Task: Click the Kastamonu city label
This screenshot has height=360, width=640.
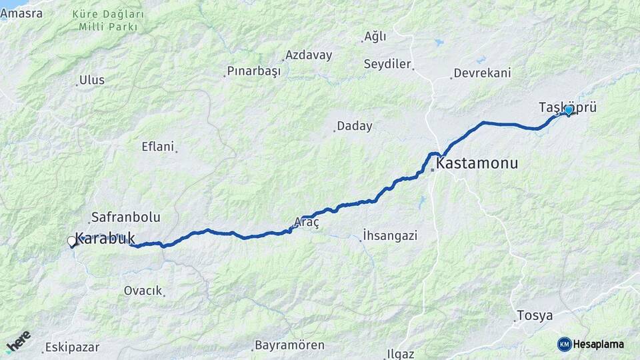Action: coord(477,163)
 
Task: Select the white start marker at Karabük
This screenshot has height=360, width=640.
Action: coord(71,241)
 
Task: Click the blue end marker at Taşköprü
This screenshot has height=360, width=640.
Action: coord(569,110)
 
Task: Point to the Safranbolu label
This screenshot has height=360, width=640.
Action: coord(125,217)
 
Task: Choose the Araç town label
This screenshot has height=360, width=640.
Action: coord(307,223)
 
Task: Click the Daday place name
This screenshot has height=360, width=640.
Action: coord(354,126)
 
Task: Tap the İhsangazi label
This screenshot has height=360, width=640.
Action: coord(390,235)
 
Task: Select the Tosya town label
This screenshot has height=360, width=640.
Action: coord(535,315)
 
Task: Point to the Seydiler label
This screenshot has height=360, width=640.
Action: coord(387,64)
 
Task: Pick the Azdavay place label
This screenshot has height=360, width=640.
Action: coord(308,55)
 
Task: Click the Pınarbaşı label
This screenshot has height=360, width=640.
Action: coord(254,71)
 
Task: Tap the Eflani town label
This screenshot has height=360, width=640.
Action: coord(158,146)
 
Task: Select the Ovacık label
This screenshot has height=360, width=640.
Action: coord(143,291)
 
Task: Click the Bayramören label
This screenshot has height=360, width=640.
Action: coord(289,345)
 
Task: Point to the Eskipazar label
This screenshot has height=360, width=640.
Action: coord(72,347)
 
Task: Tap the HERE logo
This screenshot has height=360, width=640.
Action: coord(19,341)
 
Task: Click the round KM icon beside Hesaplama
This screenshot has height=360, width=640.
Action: coord(565,344)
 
